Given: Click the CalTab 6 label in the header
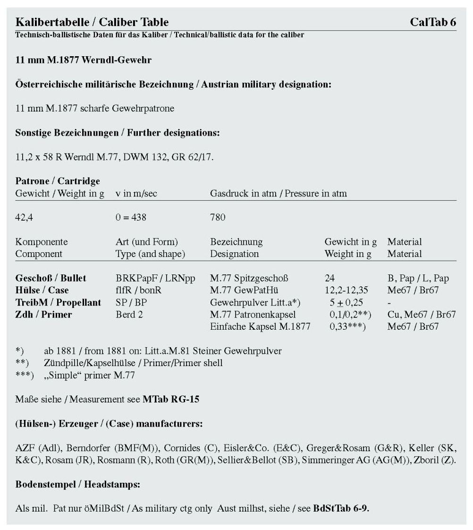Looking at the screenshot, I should pos(433,22).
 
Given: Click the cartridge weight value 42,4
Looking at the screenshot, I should pos(24,217).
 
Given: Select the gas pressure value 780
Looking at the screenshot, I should pos(218,217).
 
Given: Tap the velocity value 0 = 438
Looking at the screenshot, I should pos(131,217).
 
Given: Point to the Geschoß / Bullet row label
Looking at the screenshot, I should pos(51,278).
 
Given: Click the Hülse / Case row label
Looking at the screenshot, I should pos(42,291).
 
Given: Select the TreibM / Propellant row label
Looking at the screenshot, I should pos(58,303).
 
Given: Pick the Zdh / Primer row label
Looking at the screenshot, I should pos(43,315).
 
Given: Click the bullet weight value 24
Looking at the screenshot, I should pos(329,278).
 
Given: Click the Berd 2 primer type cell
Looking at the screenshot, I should pos(129,315).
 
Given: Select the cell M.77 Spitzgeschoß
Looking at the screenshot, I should pos(249,278).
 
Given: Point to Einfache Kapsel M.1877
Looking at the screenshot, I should pos(260,326).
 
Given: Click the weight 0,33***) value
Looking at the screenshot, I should pos(348,326).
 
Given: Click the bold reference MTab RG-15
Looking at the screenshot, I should pos(171,400).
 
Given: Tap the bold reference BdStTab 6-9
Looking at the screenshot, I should pos(341,508).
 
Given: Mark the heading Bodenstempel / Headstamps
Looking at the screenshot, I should pos(78,484).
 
